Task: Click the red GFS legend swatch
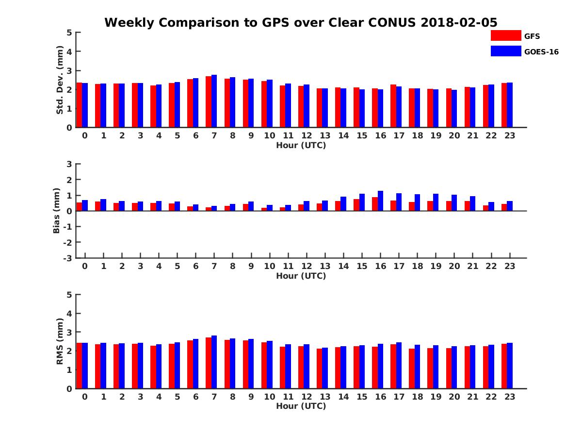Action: (505, 35)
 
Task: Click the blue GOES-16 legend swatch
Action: (505, 51)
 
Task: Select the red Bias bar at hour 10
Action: (264, 209)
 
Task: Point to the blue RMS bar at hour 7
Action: (214, 362)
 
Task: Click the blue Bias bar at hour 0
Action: (85, 205)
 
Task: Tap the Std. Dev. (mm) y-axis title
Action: (60, 80)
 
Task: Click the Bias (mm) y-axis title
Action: (56, 211)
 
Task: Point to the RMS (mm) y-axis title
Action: (60, 341)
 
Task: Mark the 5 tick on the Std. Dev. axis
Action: (69, 33)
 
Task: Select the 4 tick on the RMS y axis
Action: (69, 313)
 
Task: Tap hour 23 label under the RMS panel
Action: (509, 397)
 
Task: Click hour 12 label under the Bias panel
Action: (307, 266)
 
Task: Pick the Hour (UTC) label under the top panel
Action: (301, 145)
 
